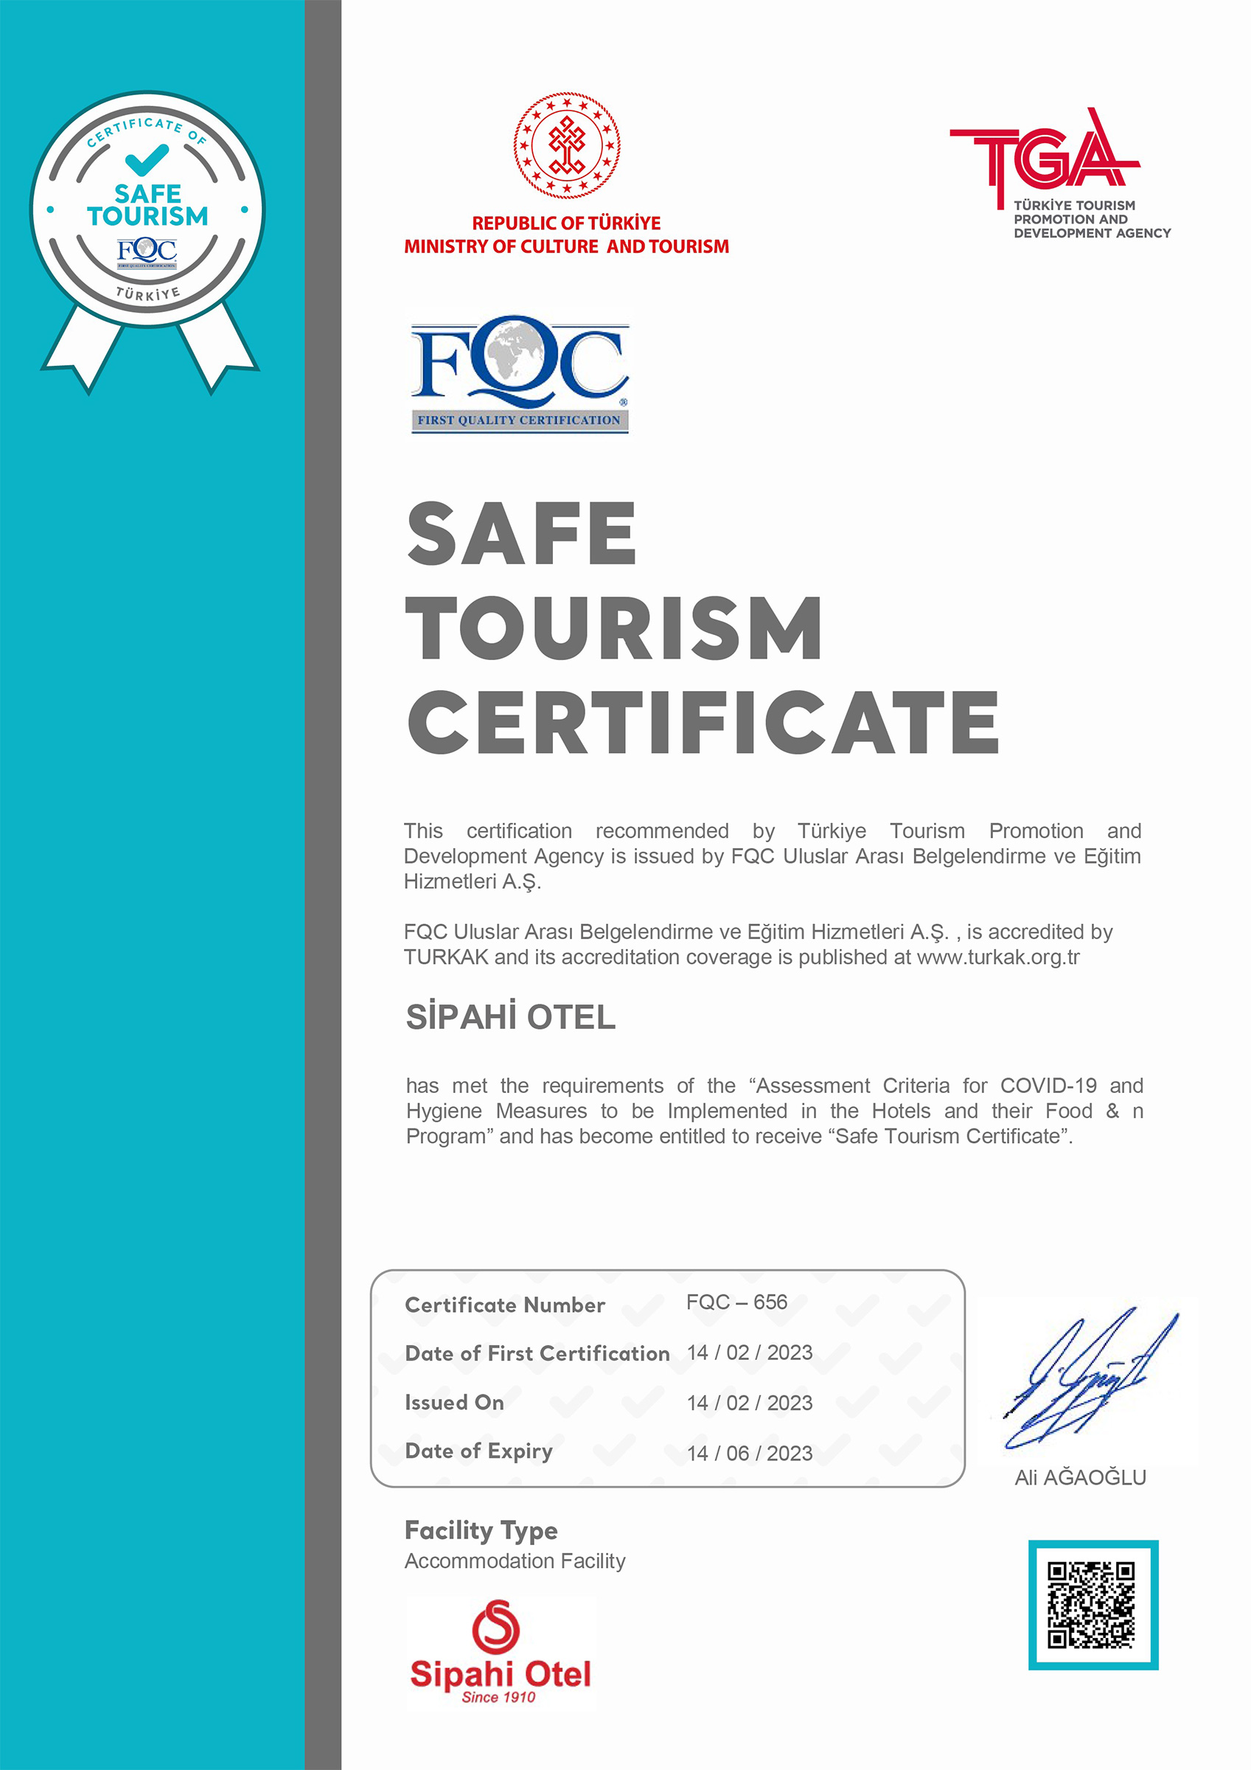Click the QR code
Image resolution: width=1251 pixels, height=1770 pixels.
(1093, 1604)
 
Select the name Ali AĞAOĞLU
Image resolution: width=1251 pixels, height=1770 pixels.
(1080, 1477)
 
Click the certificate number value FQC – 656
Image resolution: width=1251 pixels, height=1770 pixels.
(736, 1302)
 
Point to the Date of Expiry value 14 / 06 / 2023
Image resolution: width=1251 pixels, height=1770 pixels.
(749, 1453)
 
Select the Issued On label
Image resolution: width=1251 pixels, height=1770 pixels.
(454, 1402)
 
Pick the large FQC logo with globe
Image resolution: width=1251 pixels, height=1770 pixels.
(520, 372)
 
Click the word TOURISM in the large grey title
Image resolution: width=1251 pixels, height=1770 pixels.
(613, 628)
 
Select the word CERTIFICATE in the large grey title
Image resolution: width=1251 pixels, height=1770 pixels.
(703, 722)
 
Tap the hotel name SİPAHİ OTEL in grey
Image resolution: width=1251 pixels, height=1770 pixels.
(510, 1018)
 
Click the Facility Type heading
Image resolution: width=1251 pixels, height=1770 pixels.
(481, 1530)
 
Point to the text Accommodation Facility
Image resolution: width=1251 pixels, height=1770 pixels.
(515, 1561)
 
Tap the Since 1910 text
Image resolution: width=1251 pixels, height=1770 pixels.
(498, 1697)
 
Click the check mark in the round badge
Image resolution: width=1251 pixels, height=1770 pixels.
(147, 159)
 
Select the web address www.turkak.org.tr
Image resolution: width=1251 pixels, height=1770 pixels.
(998, 957)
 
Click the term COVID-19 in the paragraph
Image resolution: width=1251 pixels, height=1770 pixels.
(1048, 1086)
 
